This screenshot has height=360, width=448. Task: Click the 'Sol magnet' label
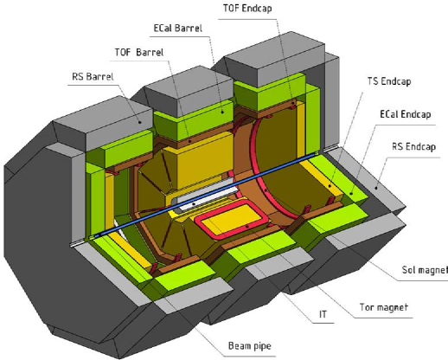(420, 271)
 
